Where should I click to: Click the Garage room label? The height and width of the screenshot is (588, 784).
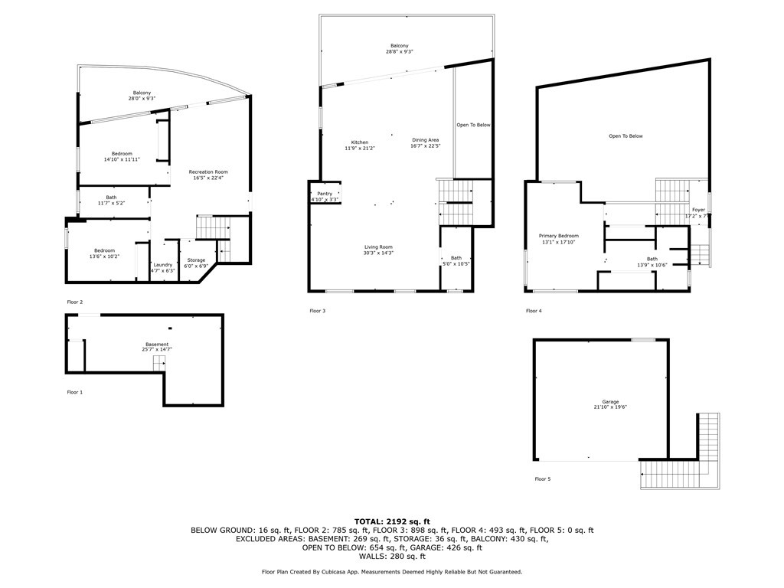click(609, 402)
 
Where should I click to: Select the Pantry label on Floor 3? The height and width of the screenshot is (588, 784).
click(325, 194)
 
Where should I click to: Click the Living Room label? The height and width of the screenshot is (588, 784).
click(378, 247)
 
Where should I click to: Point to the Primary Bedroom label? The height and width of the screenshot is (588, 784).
click(558, 236)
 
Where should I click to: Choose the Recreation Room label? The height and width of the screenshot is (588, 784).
click(208, 172)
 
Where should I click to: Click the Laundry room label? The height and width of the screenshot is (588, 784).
click(162, 265)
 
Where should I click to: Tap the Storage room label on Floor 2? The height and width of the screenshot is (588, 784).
click(196, 260)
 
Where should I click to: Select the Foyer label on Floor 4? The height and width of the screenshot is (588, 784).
click(698, 210)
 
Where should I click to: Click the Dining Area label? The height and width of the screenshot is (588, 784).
click(425, 140)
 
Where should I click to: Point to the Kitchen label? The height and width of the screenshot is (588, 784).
click(360, 142)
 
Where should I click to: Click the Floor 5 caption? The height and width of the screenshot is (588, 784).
click(542, 479)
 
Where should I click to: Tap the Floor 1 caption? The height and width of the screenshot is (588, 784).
click(74, 392)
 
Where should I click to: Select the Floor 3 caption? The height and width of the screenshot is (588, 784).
click(317, 311)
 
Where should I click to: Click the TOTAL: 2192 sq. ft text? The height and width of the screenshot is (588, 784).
click(392, 521)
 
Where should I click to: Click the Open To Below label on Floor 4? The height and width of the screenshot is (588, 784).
click(626, 136)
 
